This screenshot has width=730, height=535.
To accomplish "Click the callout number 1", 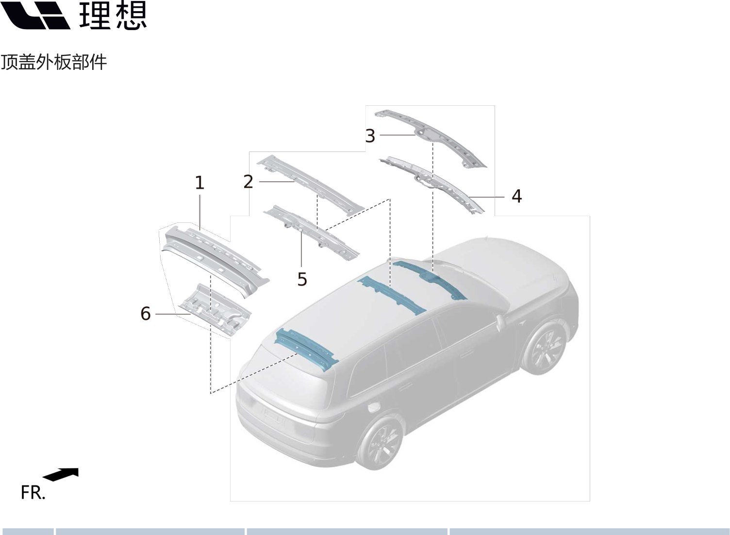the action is [199, 183].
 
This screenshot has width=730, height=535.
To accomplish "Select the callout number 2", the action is [248, 182].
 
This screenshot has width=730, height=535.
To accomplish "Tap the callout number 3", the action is [370, 135].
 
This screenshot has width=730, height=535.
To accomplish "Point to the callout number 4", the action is [516, 196].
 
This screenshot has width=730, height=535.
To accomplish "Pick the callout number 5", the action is [302, 279].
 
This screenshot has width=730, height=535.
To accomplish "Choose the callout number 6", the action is [145, 314].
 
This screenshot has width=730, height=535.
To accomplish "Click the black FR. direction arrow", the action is [61, 474].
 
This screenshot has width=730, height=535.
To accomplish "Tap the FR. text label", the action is [33, 493].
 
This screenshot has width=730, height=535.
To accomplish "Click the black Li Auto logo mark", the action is [35, 15].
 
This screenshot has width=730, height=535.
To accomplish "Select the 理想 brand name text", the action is [113, 15].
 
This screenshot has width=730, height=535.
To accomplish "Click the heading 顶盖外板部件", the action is [54, 62].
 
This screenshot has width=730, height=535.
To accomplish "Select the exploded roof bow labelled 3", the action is [430, 138].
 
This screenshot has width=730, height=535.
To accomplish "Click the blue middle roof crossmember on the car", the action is [391, 295].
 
